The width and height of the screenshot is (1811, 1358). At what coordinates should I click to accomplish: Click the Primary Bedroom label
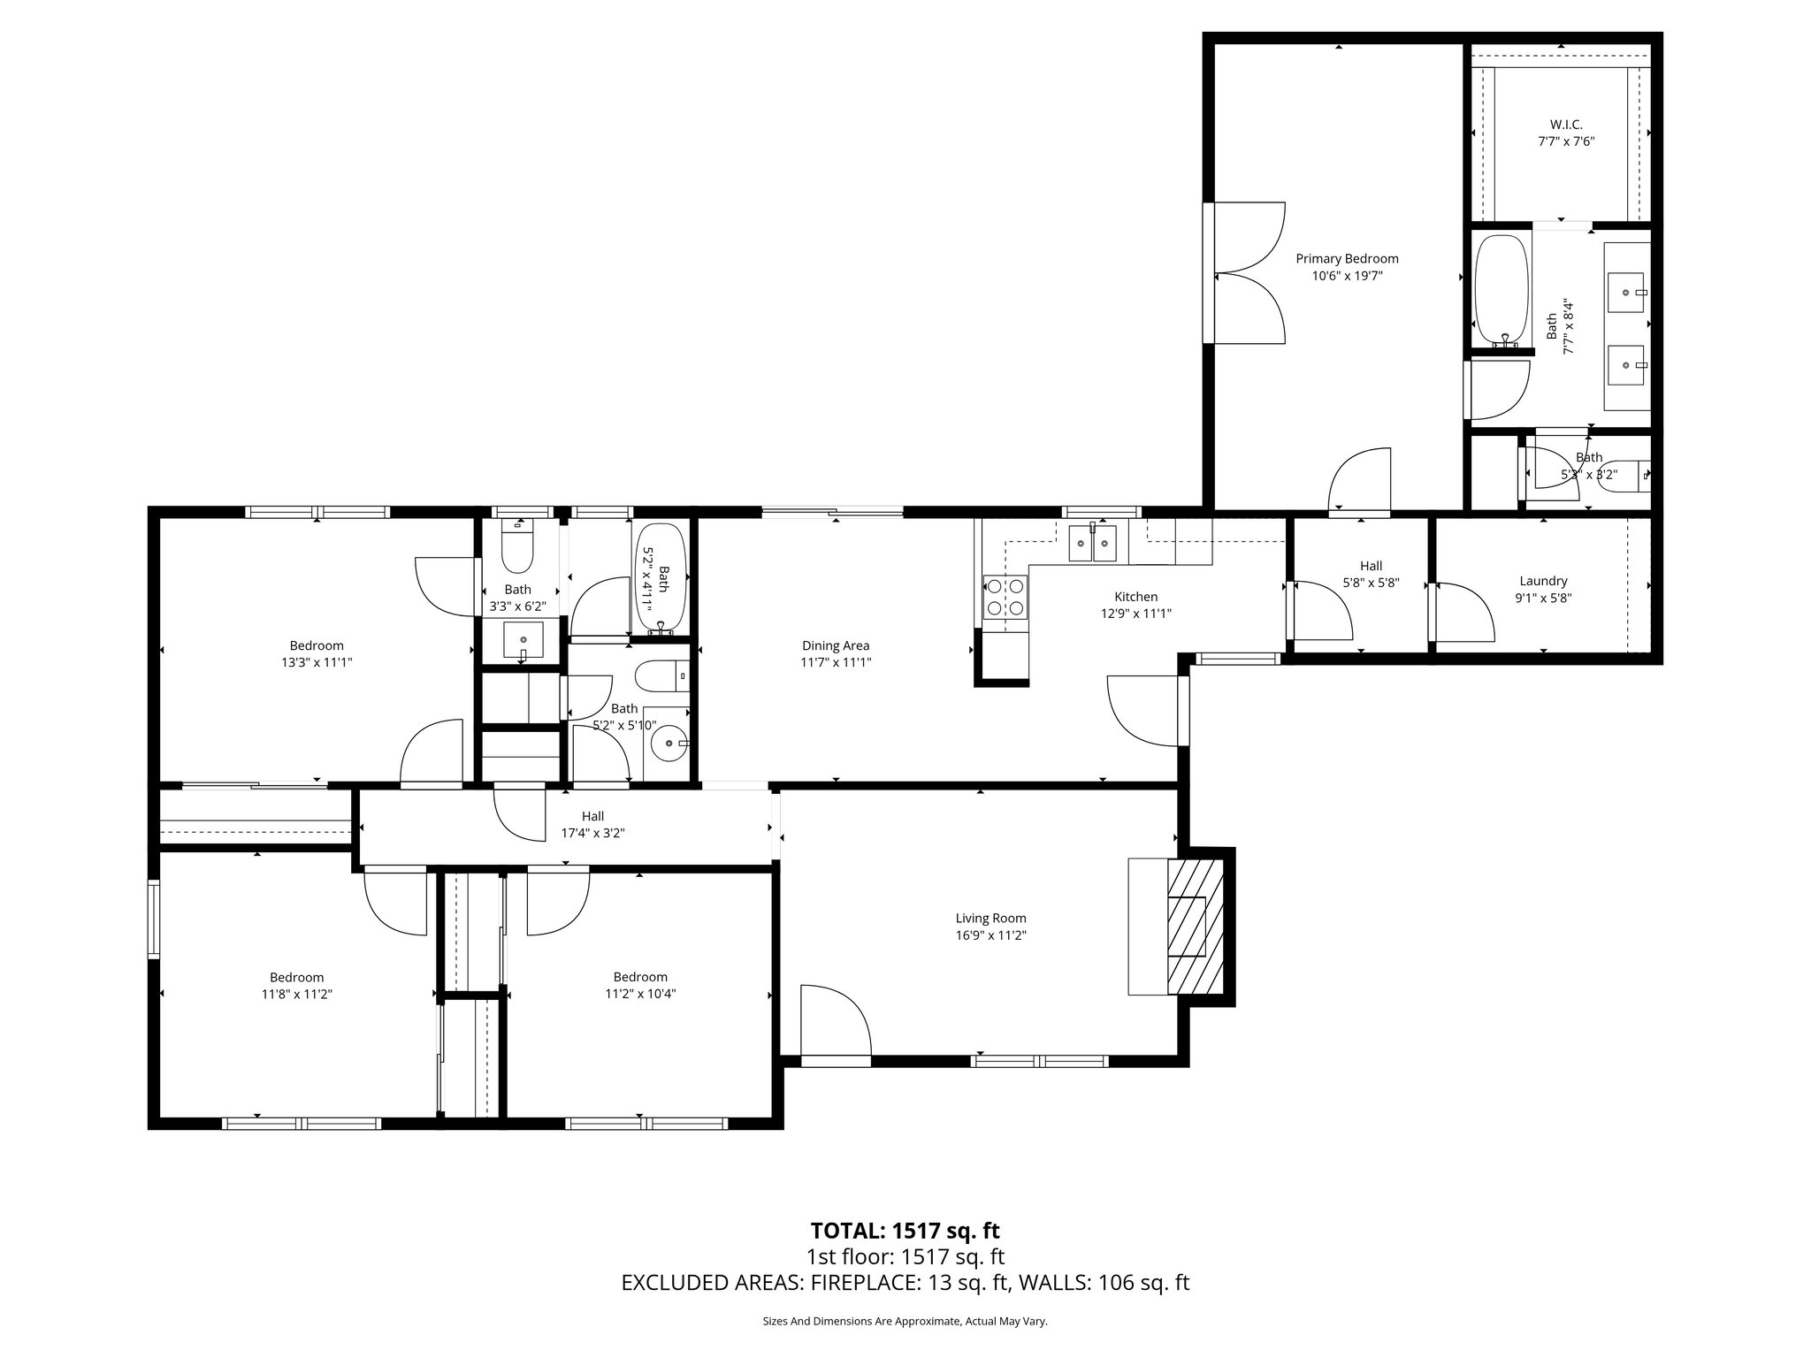pos(1347,259)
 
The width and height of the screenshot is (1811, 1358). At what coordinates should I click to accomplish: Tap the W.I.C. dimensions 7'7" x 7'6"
pos(1565,141)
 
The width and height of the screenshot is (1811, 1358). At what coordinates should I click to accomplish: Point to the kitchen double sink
pos(1093,543)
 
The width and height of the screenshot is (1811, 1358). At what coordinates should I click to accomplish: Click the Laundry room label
pos(1543,581)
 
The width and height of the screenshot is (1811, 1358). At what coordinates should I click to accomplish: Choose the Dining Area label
pos(836,646)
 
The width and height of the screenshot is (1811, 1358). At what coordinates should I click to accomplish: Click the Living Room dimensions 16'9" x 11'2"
pos(990,935)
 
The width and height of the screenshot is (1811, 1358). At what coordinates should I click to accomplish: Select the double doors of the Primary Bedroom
pos(1249,272)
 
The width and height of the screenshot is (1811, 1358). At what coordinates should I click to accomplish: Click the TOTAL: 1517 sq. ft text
pos(905,1231)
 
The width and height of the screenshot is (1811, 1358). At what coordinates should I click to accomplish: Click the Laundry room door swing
pos(1463,612)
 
